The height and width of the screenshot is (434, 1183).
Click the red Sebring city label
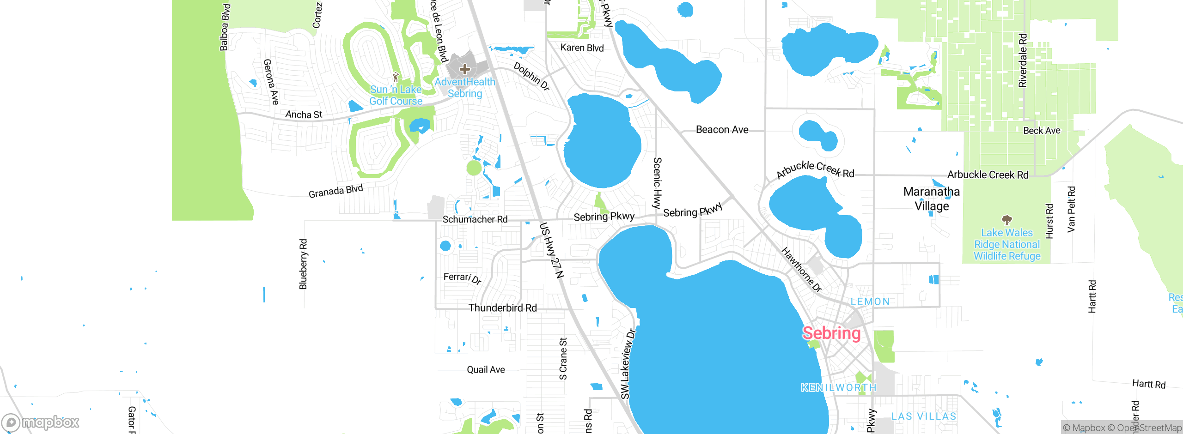831,333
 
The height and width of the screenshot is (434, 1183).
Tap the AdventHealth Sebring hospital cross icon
465,70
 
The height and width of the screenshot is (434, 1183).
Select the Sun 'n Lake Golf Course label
396,95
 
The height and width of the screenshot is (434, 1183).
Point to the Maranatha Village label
932,199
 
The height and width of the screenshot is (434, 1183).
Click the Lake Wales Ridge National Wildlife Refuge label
1007,244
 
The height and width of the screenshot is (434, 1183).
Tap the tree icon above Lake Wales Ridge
1006,220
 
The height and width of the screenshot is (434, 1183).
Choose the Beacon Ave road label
722,130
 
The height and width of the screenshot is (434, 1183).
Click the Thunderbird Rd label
502,307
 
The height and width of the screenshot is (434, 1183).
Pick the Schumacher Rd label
475,219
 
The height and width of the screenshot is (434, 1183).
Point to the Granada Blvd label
335,191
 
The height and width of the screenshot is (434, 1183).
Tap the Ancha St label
303,114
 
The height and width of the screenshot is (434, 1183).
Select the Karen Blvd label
582,48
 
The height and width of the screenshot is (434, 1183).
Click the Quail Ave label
486,369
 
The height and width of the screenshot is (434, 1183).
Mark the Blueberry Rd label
303,264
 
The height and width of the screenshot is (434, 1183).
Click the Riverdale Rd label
1023,60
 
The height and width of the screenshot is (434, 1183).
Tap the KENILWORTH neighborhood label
838,387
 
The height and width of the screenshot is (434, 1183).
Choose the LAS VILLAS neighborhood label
924,416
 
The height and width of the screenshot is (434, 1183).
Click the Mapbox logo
41,422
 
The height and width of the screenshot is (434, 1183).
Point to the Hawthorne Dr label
801,270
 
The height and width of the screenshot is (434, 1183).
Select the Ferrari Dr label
462,278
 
